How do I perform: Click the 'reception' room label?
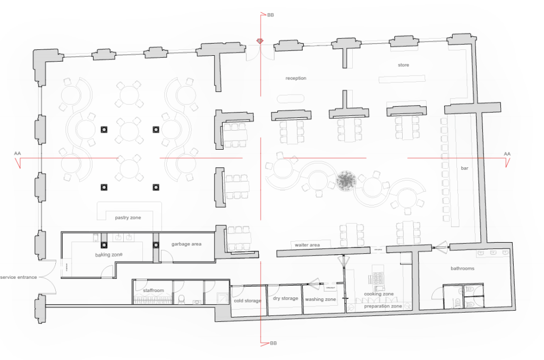tap(296, 79)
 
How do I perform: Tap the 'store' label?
tap(404, 65)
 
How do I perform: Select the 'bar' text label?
tap(464, 168)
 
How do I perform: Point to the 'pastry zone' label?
tap(128, 218)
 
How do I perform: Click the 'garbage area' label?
tap(186, 244)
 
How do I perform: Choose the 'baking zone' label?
tap(108, 254)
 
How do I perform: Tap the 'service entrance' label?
tap(19, 277)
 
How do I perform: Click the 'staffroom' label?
tap(154, 290)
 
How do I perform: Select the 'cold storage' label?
tap(248, 301)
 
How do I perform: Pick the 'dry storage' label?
tap(285, 298)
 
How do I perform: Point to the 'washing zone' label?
tap(320, 299)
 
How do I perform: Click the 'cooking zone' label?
tap(379, 294)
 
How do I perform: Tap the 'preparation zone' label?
tap(383, 306)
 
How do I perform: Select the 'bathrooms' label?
tap(463, 269)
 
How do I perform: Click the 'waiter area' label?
tap(308, 245)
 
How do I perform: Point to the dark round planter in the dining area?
tap(346, 181)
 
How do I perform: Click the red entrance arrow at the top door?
tap(260, 41)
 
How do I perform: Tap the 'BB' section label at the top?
tap(270, 15)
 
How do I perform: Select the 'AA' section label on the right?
tap(507, 154)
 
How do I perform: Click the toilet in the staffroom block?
tap(182, 299)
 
